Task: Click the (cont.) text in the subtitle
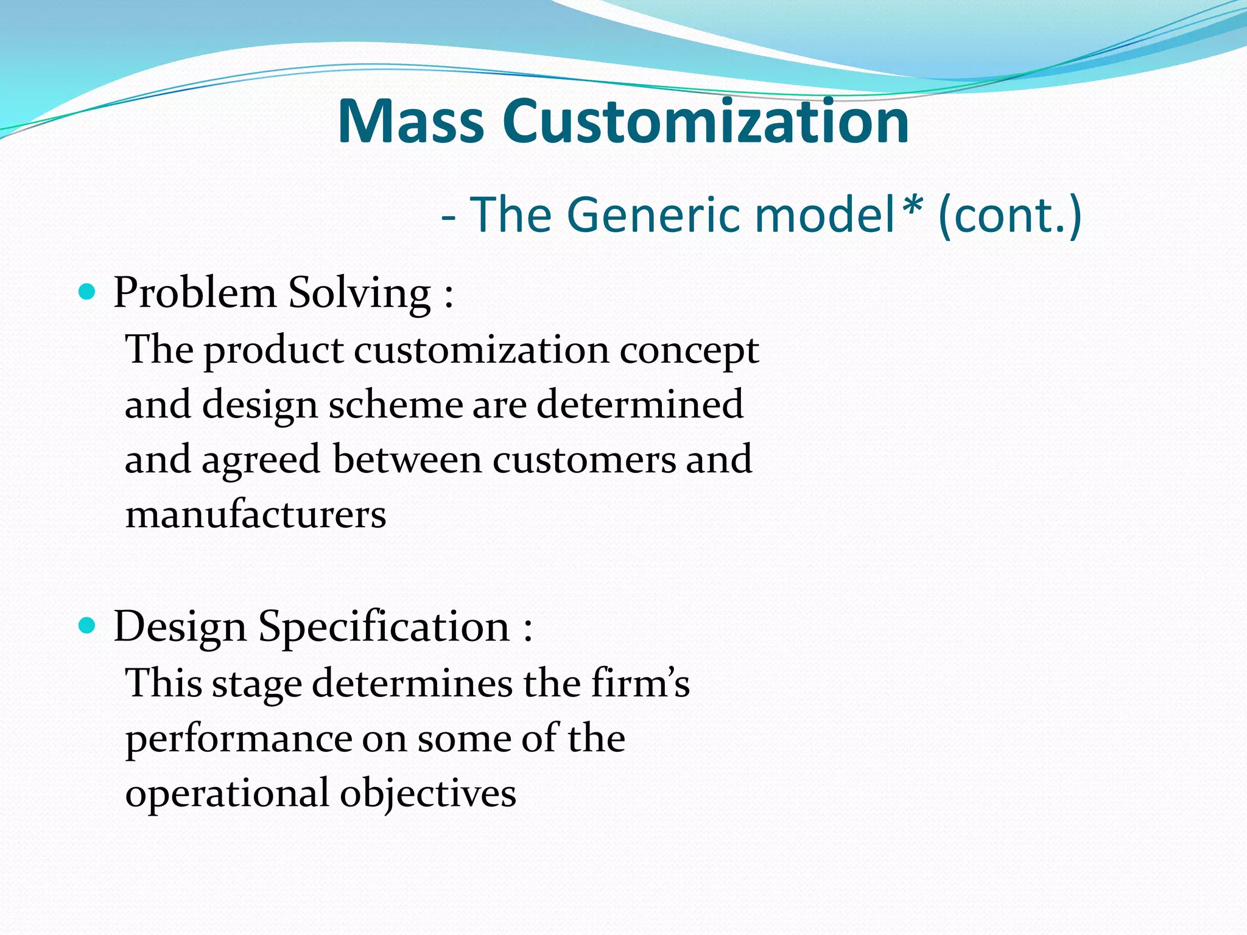tap(1010, 215)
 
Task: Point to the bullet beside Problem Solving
tap(88, 293)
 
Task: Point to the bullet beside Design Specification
tap(88, 625)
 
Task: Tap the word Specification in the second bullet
tap(384, 627)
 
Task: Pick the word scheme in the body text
tap(396, 405)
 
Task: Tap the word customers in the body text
tap(584, 460)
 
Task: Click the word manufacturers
tap(256, 514)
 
